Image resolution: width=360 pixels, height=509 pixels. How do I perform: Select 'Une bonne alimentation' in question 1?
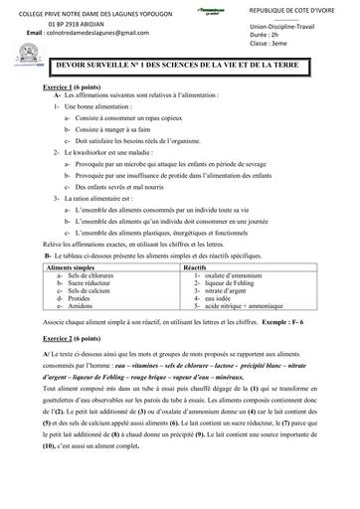(x=100, y=105)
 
